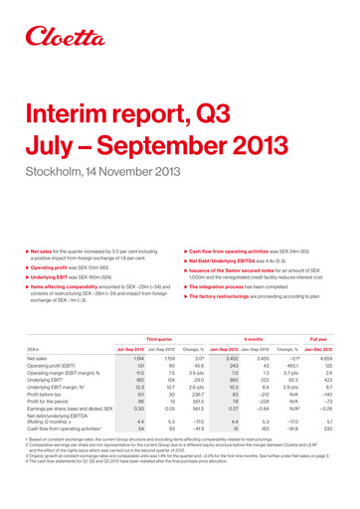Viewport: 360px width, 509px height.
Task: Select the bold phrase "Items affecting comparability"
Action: pos(67,227)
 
